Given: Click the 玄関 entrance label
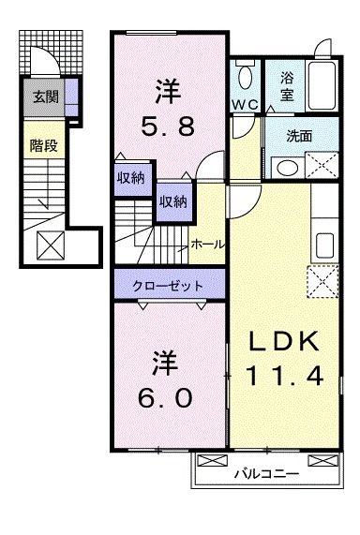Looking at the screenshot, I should (44, 96).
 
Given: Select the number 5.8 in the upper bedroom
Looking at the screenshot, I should (169, 127).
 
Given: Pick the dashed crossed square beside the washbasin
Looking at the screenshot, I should (321, 165).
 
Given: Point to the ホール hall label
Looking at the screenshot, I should (207, 244).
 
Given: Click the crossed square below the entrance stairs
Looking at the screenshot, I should (49, 246).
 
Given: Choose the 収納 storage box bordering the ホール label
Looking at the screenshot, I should (171, 201).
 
